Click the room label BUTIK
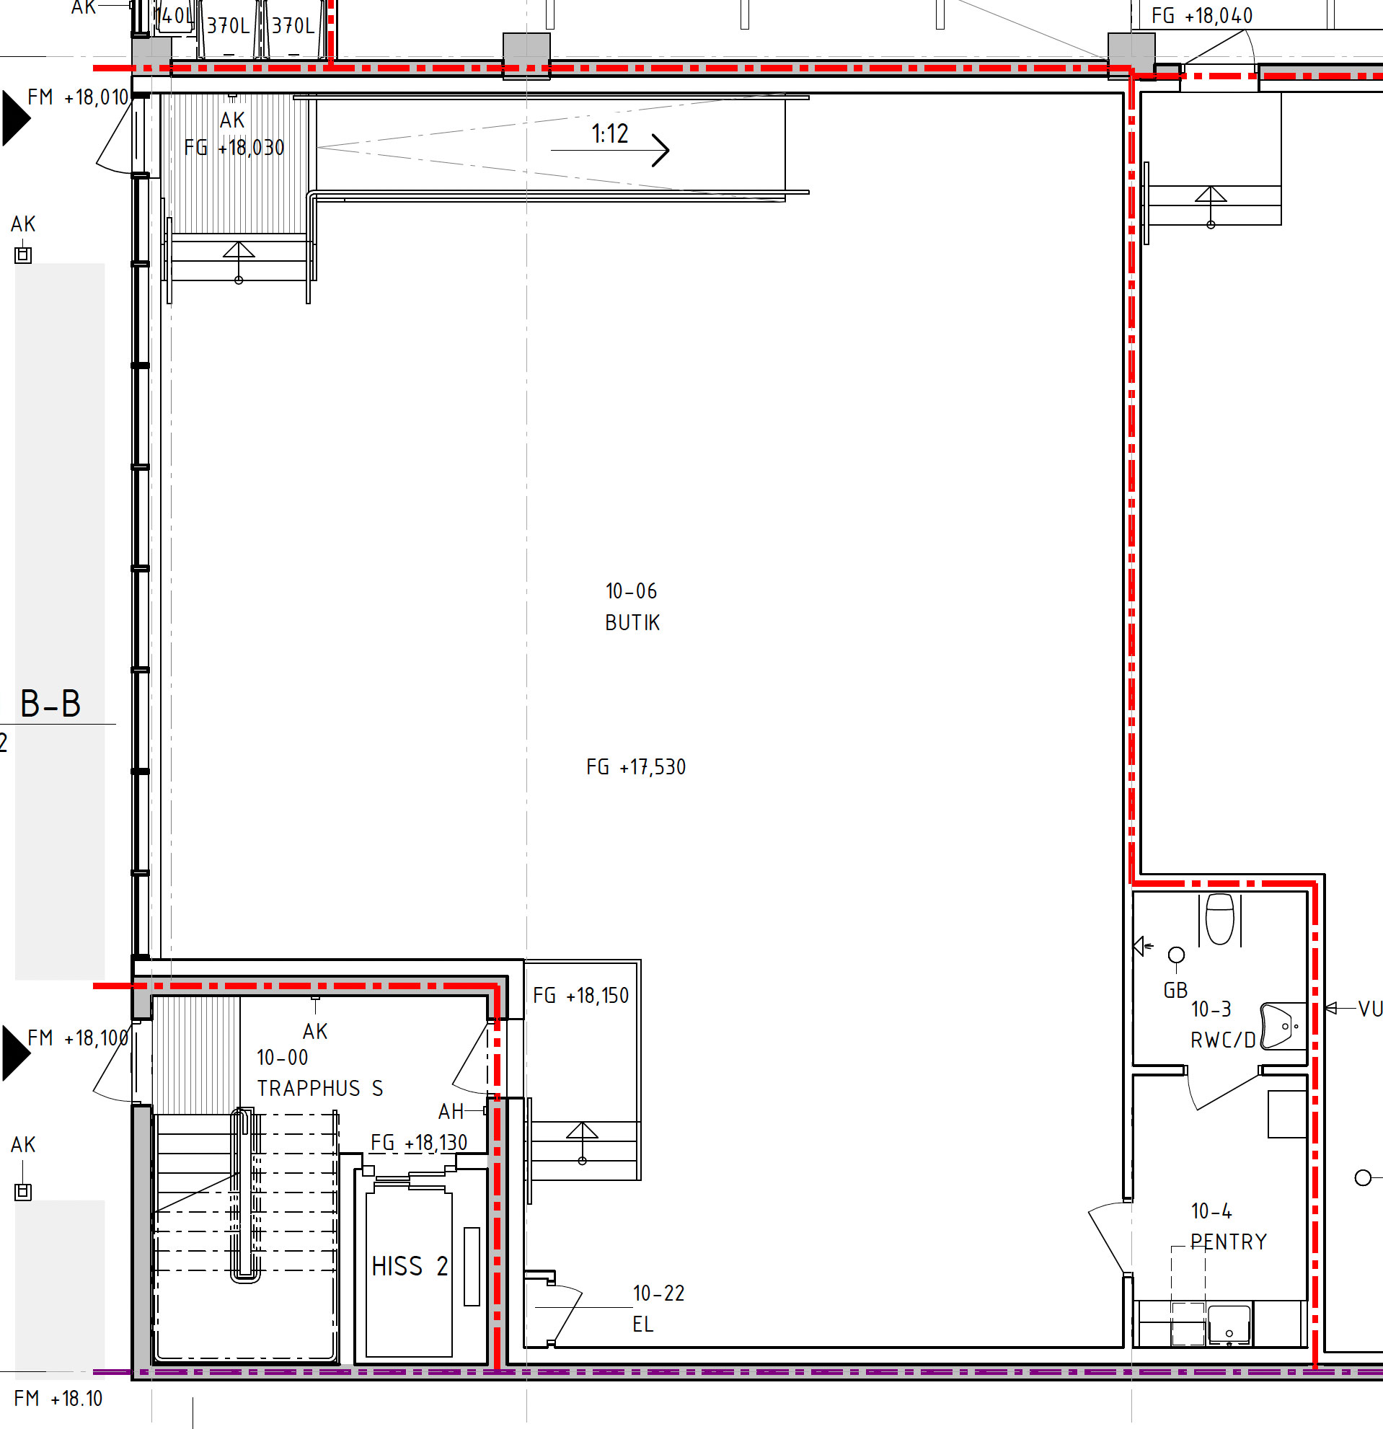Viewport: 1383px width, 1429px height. [x=632, y=623]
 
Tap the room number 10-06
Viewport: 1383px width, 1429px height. [x=632, y=590]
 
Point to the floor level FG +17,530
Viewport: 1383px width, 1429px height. [x=636, y=767]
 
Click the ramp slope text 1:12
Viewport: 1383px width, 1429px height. [x=609, y=133]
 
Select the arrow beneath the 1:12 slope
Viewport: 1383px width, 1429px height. [x=609, y=150]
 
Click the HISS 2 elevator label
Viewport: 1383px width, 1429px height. [x=409, y=1266]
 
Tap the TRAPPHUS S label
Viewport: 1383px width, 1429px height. [x=319, y=1089]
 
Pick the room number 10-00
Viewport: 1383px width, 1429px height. [x=282, y=1057]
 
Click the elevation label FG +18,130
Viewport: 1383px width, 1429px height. [x=418, y=1143]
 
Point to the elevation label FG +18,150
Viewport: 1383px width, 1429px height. [x=580, y=996]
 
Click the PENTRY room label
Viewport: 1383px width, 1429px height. [x=1229, y=1242]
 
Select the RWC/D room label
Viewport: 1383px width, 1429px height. [x=1223, y=1040]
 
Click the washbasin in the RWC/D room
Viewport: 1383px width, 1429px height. [x=1282, y=1027]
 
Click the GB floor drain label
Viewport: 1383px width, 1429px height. [x=1175, y=990]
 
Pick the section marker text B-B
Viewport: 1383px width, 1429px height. [x=50, y=704]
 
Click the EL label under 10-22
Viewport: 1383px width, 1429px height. [x=642, y=1324]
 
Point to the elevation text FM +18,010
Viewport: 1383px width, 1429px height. [x=77, y=97]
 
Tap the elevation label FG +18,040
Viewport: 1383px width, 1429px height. [x=1201, y=16]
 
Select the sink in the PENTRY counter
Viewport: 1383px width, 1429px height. [x=1229, y=1324]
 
